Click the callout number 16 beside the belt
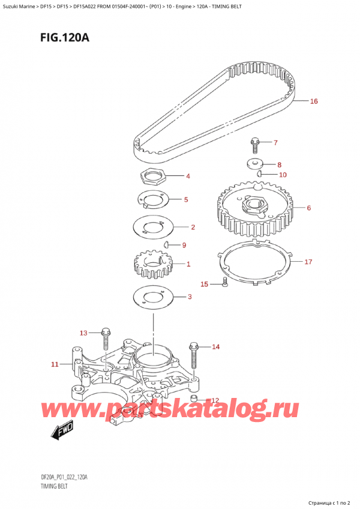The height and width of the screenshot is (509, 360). [314, 101]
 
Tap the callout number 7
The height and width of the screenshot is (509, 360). [275, 142]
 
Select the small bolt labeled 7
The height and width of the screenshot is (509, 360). [254, 146]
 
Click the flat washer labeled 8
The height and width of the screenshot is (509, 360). [254, 164]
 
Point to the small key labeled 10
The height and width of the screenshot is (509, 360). [259, 173]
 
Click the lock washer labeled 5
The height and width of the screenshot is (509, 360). [152, 199]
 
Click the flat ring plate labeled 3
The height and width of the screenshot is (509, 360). [154, 297]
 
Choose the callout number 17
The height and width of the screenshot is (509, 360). [308, 262]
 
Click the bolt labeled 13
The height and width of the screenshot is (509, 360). [106, 339]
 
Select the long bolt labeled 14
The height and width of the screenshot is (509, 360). [193, 355]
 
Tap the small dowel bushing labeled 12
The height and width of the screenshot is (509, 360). [194, 399]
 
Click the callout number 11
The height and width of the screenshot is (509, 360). [55, 364]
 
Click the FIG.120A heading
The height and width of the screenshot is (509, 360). [65, 38]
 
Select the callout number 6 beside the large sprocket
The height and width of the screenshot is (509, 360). [309, 208]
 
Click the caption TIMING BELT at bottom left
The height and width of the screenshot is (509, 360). [54, 486]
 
